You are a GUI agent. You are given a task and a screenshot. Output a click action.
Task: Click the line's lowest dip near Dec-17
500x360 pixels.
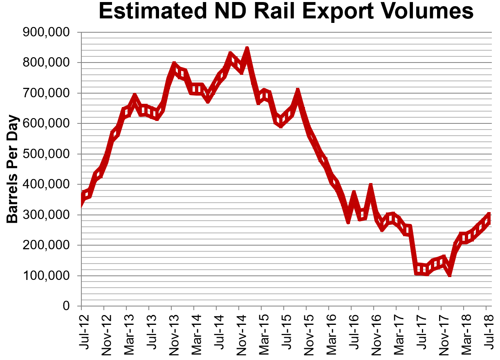[450, 274]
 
